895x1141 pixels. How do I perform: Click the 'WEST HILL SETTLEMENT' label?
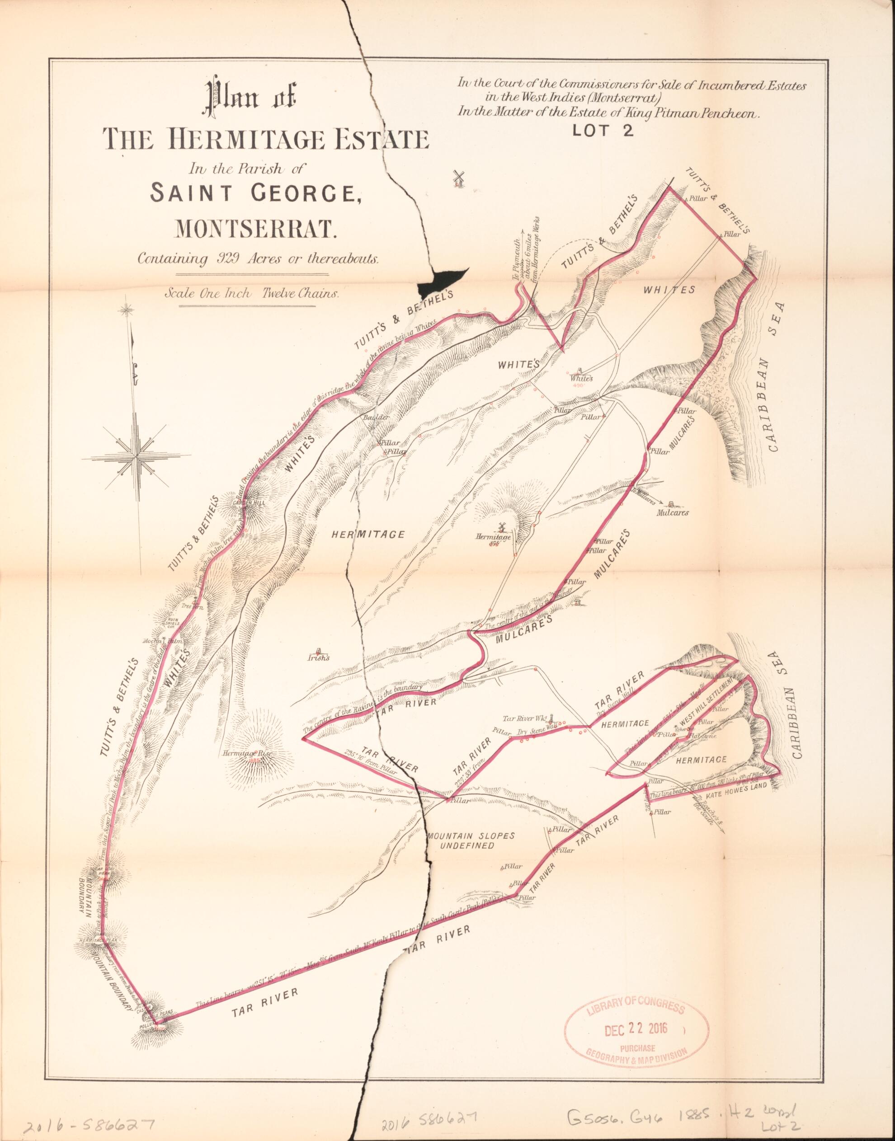tap(704, 705)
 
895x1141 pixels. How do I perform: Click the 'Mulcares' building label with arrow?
tap(672, 512)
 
